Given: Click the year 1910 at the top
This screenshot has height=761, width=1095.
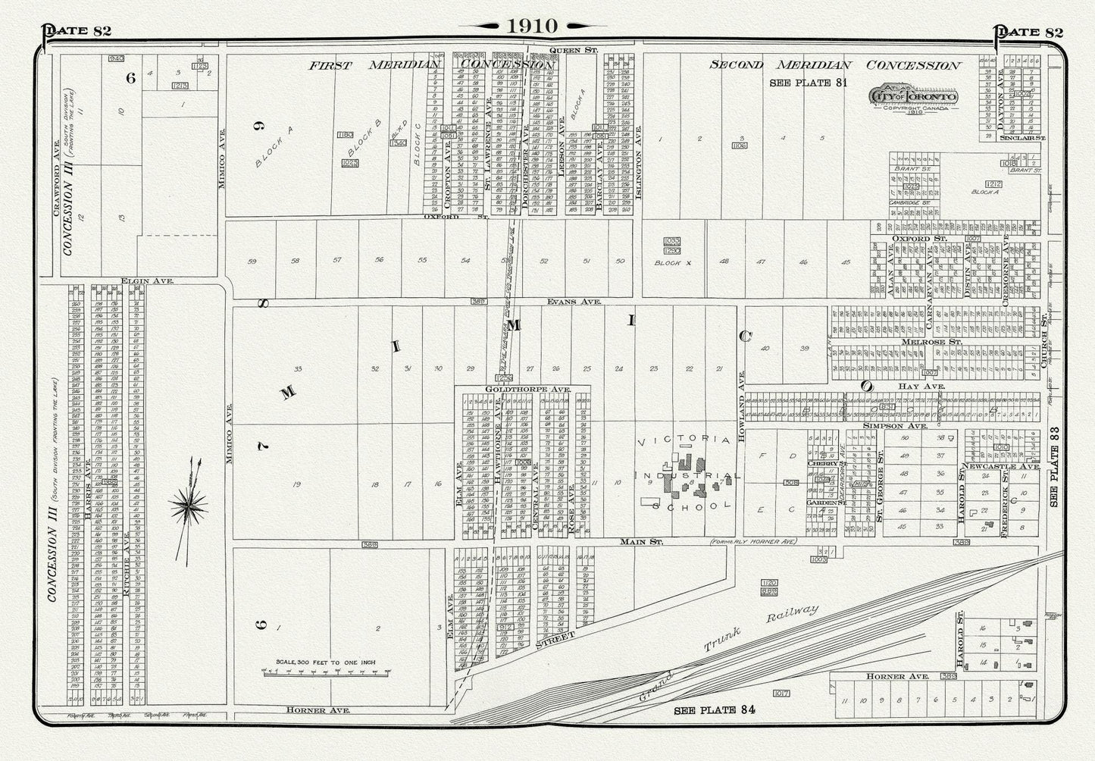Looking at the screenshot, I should click(x=532, y=26).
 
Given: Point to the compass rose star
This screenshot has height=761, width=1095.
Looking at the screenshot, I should click(x=189, y=503).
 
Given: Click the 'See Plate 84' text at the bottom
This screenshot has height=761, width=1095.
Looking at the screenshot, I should click(x=715, y=710).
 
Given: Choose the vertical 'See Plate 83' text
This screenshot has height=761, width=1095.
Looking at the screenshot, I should click(x=1055, y=475).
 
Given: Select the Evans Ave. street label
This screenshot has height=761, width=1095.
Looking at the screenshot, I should click(x=574, y=302).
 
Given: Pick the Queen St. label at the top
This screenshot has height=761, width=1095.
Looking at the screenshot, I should click(x=574, y=50).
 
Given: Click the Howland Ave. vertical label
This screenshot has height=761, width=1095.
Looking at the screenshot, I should click(x=743, y=391).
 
